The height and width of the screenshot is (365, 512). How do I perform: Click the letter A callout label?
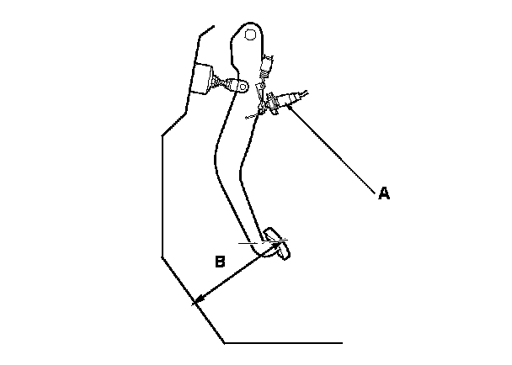tap(383, 193)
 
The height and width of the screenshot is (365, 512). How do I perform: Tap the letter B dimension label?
tap(219, 262)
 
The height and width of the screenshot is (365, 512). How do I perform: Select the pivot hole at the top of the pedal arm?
tap(250, 35)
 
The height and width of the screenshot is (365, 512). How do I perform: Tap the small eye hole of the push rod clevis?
tap(242, 87)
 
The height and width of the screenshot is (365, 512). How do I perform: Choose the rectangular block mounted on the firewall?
tap(203, 80)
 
